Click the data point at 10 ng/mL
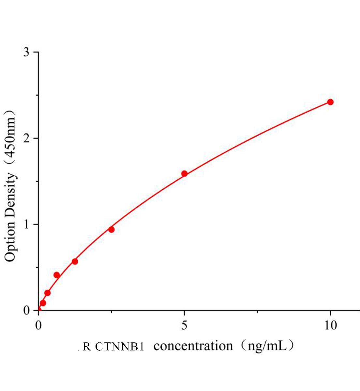point(330,102)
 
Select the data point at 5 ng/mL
point(184,174)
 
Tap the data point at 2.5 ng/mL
point(111,229)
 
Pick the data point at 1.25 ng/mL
point(75,261)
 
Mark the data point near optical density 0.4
point(57,275)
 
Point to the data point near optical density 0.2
point(47,293)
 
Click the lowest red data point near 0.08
point(43,303)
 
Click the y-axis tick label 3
point(26,52)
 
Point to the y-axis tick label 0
point(26,311)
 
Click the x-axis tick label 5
point(184,325)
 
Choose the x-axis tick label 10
point(330,325)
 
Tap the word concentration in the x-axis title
point(193,346)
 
